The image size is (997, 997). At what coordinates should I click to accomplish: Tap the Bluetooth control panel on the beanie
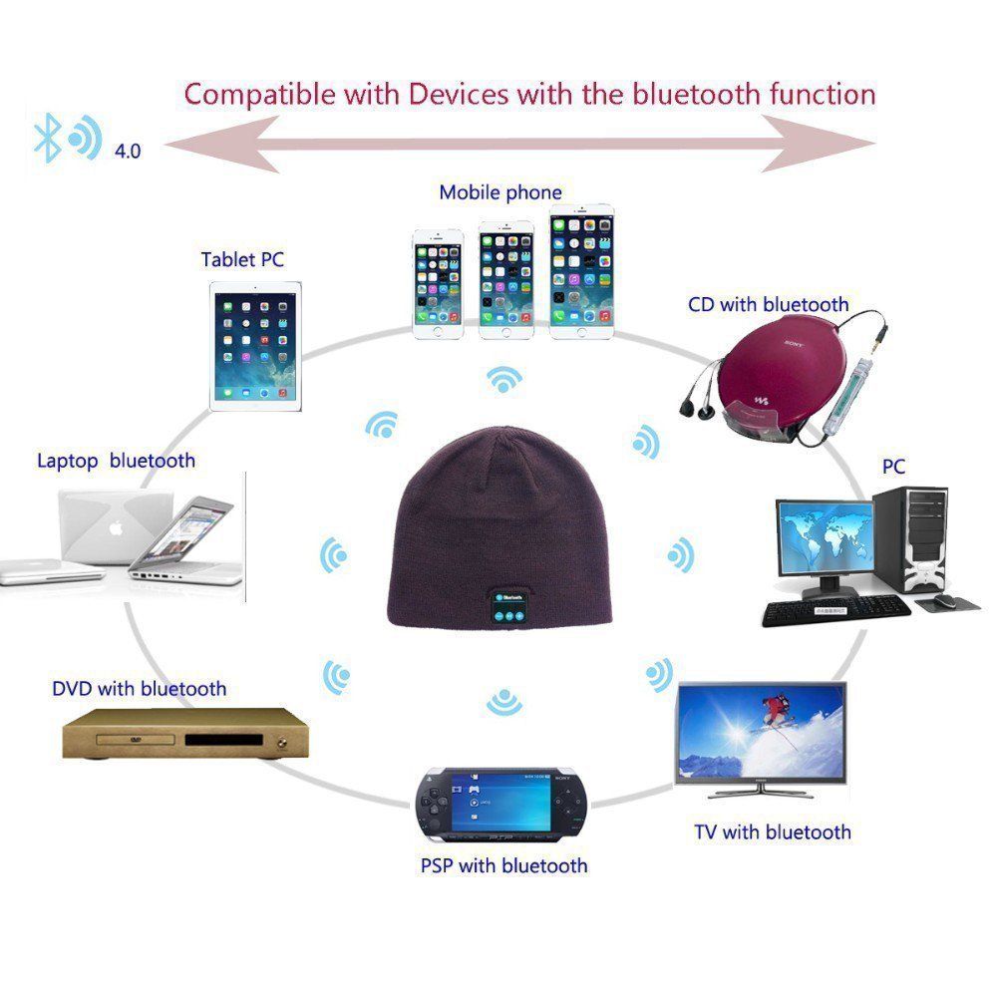pyautogui.click(x=509, y=606)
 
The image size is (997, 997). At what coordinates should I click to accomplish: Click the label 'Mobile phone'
pyautogui.click(x=500, y=192)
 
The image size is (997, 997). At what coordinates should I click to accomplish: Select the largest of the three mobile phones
pyautogui.click(x=582, y=271)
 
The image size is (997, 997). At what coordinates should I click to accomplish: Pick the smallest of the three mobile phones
pyautogui.click(x=438, y=284)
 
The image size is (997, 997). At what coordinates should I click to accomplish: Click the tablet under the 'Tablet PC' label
pyautogui.click(x=255, y=346)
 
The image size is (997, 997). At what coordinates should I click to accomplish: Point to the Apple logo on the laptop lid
pyautogui.click(x=116, y=527)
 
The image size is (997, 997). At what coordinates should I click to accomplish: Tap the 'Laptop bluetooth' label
pyautogui.click(x=116, y=461)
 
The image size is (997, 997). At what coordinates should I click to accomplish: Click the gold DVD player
pyautogui.click(x=185, y=735)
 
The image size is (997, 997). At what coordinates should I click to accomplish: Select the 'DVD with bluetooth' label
pyautogui.click(x=140, y=688)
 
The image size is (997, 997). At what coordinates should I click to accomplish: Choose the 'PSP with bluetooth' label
pyautogui.click(x=503, y=865)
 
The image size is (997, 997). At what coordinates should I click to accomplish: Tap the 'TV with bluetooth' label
pyautogui.click(x=773, y=831)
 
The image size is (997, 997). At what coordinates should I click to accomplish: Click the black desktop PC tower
pyautogui.click(x=910, y=540)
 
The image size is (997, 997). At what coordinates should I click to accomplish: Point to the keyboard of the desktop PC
pyautogui.click(x=835, y=611)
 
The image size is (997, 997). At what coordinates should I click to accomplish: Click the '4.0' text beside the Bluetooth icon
pyautogui.click(x=128, y=152)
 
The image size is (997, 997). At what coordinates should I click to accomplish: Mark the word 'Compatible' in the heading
pyautogui.click(x=259, y=94)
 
